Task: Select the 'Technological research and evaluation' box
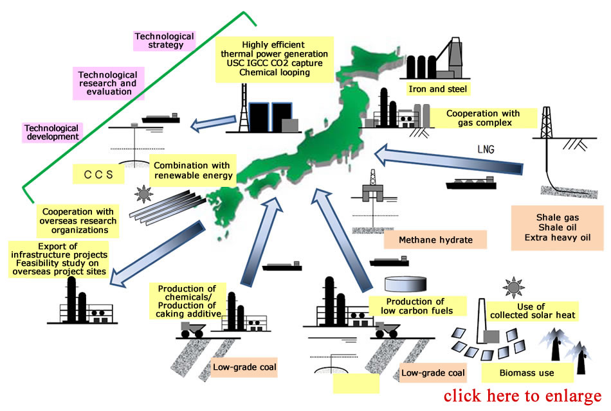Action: [109, 82]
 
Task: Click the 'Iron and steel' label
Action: [437, 89]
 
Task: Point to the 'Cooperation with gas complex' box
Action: [482, 118]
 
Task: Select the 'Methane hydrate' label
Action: [435, 240]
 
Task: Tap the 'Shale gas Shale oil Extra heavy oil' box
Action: [557, 228]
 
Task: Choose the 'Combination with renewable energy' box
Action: [191, 170]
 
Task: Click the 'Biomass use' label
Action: [527, 372]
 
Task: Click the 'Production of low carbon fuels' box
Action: [415, 306]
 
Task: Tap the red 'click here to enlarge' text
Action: [522, 396]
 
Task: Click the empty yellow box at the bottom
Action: [356, 383]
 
